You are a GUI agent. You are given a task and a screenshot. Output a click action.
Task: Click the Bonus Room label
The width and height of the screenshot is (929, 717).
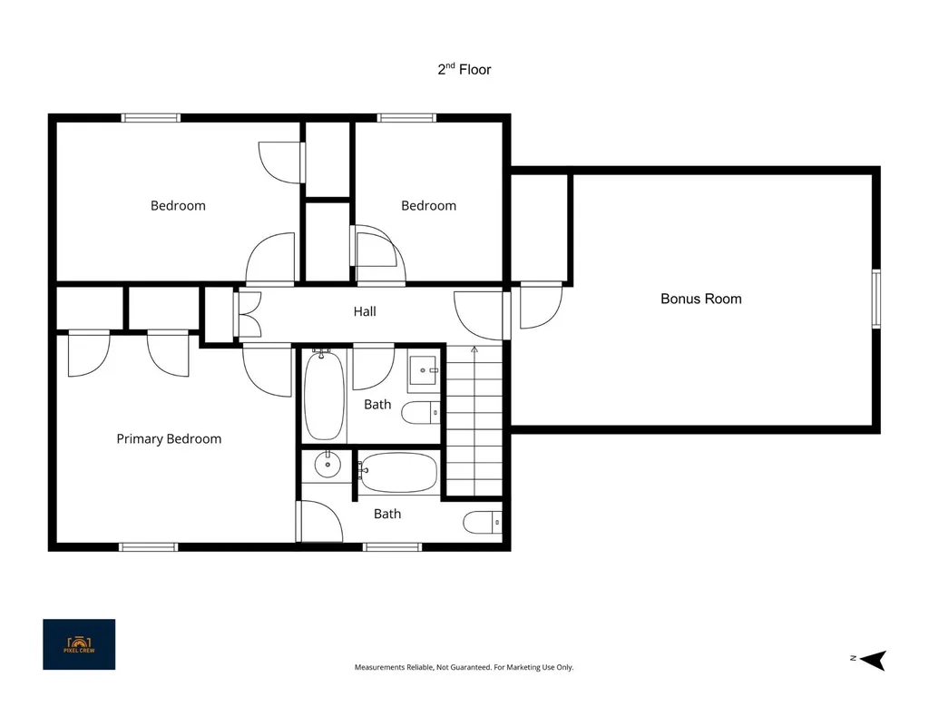pyautogui.click(x=701, y=299)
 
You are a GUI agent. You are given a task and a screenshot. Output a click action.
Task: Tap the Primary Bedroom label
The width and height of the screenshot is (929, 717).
pyautogui.click(x=169, y=439)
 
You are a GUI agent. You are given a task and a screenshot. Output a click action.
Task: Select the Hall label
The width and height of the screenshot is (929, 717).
pyautogui.click(x=365, y=311)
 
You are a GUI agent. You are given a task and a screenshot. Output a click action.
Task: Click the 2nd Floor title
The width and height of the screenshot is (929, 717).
pyautogui.click(x=464, y=69)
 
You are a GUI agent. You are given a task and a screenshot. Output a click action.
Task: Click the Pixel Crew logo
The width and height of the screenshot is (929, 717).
pyautogui.click(x=79, y=644)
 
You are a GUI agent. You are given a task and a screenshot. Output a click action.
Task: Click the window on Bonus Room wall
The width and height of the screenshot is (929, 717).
pyautogui.click(x=876, y=299)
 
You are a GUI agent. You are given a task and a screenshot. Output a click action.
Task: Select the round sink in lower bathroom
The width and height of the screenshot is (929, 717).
pyautogui.click(x=327, y=464)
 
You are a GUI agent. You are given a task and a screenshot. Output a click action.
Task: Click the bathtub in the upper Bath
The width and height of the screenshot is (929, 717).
pyautogui.click(x=324, y=395)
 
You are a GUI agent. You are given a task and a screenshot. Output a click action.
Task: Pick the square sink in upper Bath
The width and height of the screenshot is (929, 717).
pyautogui.click(x=424, y=370)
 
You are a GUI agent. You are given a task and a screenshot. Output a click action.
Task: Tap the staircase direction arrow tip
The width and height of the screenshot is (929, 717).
pyautogui.click(x=474, y=349)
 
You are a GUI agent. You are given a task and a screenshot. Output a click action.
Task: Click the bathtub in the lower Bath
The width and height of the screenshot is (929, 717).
pyautogui.click(x=398, y=472)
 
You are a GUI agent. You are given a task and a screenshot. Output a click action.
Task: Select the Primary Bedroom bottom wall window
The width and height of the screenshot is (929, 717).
pyautogui.click(x=148, y=547)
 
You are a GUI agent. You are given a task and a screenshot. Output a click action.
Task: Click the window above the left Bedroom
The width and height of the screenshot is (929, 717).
pyautogui.click(x=152, y=118)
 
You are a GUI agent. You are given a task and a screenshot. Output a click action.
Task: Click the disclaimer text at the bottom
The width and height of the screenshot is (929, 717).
pyautogui.click(x=464, y=667)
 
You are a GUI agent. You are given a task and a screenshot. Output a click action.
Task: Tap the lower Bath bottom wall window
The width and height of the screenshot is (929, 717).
pyautogui.click(x=393, y=547)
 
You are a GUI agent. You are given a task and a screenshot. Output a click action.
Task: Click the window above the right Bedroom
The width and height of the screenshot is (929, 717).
pyautogui.click(x=407, y=118)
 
